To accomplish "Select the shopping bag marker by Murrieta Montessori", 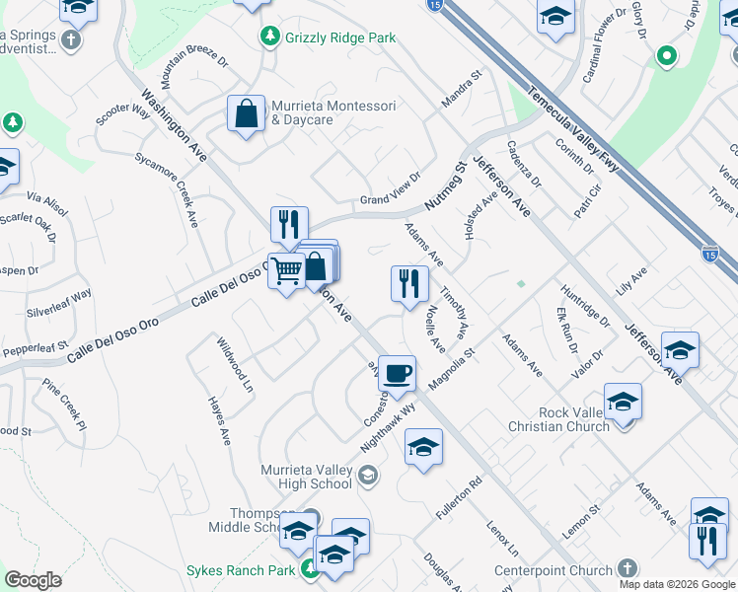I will pos(246,112).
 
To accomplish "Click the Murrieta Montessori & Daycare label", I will pos(333,112).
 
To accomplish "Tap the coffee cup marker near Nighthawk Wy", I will pos(397,373).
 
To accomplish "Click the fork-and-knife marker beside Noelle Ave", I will pos(408,284).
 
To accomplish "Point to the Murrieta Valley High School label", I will pos(306,477).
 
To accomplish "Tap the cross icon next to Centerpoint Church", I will pos(627,569).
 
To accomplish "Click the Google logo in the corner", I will pos(33,579).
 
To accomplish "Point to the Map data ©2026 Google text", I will pos(677,584).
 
